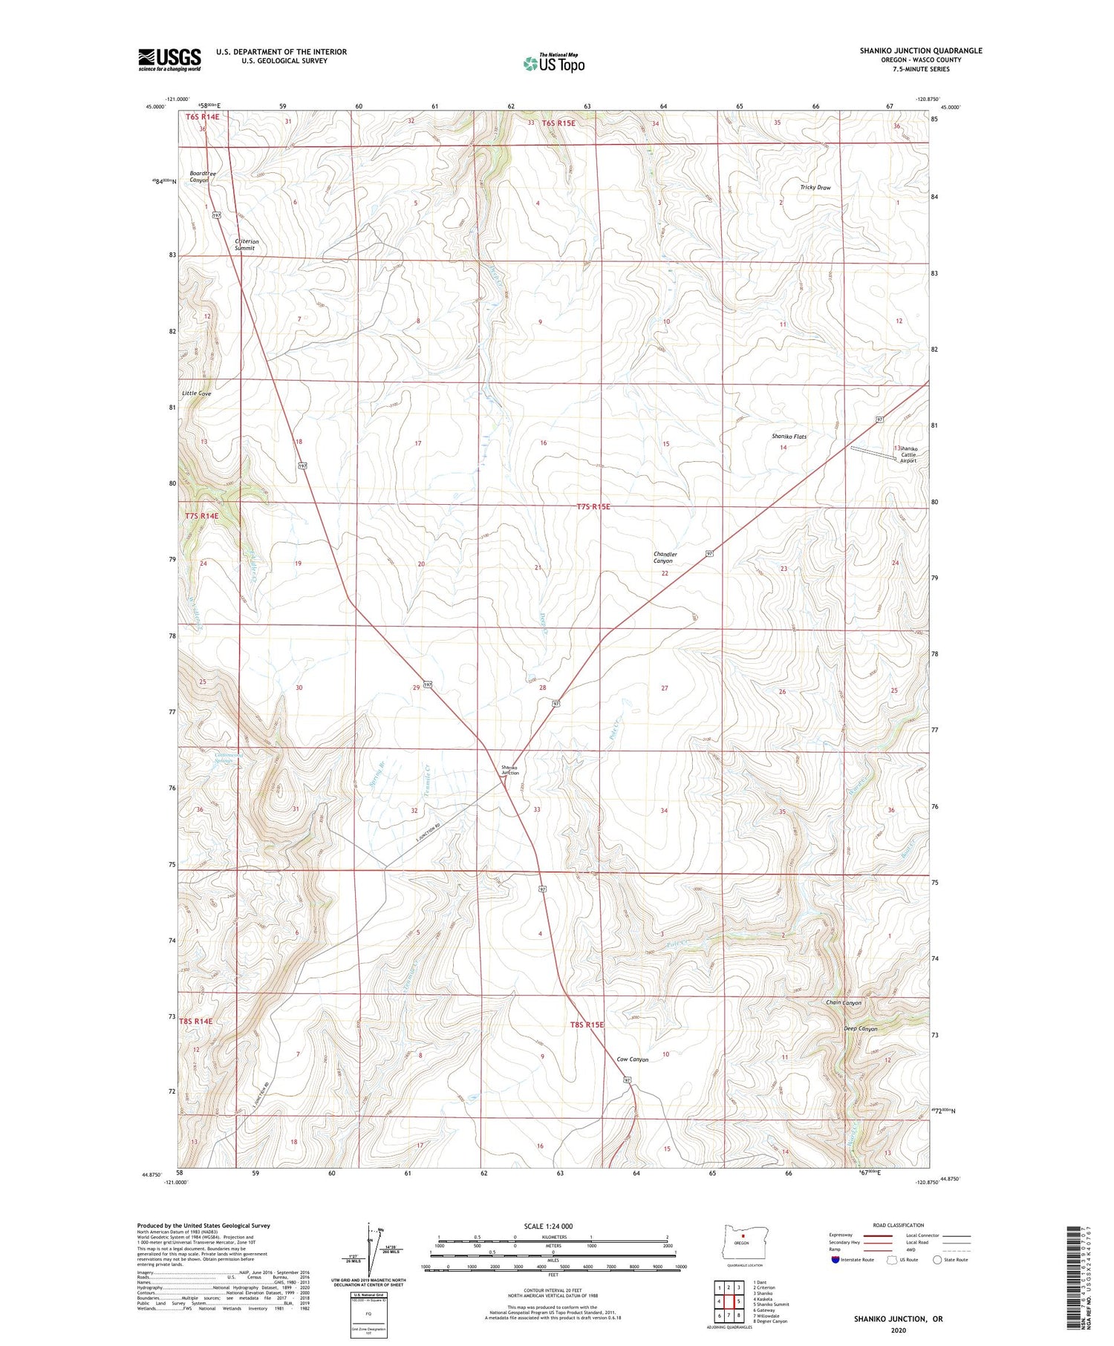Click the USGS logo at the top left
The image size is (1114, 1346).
click(169, 59)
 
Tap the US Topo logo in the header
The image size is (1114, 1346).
click(554, 64)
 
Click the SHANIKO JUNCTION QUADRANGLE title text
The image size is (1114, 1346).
click(920, 50)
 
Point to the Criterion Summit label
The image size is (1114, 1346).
click(247, 245)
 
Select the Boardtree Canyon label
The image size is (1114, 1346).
click(203, 177)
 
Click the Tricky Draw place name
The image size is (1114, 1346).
click(815, 188)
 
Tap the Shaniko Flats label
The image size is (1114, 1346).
click(788, 437)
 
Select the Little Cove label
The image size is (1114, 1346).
click(197, 393)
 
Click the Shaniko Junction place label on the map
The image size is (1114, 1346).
click(509, 770)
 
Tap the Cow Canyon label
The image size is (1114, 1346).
click(633, 1059)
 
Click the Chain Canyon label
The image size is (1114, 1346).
click(843, 1003)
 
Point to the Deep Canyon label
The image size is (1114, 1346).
click(860, 1029)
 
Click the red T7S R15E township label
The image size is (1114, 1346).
click(593, 507)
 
